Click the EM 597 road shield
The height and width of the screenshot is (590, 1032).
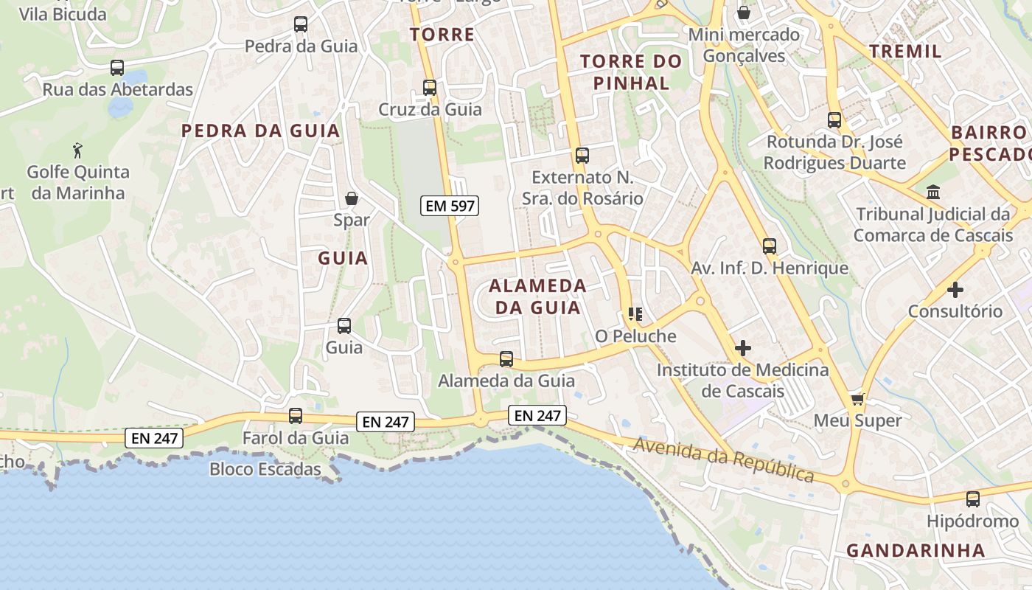pos(450,206)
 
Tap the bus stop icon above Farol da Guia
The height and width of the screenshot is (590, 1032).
pos(296,416)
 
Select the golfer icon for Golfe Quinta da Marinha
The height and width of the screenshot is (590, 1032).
pos(77,150)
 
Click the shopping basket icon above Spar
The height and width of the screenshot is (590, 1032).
pos(352,198)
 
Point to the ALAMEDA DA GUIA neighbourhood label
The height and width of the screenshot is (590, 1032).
pos(537,296)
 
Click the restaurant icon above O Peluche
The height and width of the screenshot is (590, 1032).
pos(635,315)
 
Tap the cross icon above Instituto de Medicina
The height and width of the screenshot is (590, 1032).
pos(743,348)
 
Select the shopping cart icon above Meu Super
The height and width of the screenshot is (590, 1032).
pos(857,399)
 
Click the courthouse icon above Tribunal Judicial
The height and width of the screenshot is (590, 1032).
pos(933,192)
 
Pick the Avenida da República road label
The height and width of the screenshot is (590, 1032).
pos(722,459)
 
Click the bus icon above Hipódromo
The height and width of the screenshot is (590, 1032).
pos(973,499)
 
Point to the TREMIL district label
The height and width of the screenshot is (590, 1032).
pos(905,51)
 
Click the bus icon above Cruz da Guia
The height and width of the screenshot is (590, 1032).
pos(430,88)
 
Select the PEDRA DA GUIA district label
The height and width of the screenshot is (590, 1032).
pos(261,131)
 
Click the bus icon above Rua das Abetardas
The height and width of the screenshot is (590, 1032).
pos(117,68)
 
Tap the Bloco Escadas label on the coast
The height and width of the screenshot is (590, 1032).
pos(265,469)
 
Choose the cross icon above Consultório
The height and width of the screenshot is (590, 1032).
pos(955,290)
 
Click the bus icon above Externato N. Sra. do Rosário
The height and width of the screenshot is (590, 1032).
pos(582,156)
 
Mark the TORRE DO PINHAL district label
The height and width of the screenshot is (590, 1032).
pos(631,72)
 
